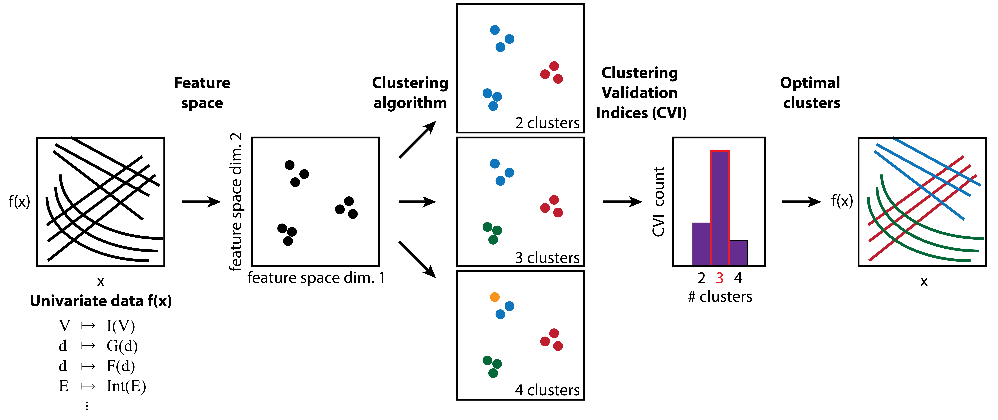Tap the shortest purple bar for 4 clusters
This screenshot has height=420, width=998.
[x=738, y=253]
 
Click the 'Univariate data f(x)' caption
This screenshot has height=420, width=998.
[x=101, y=301]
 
